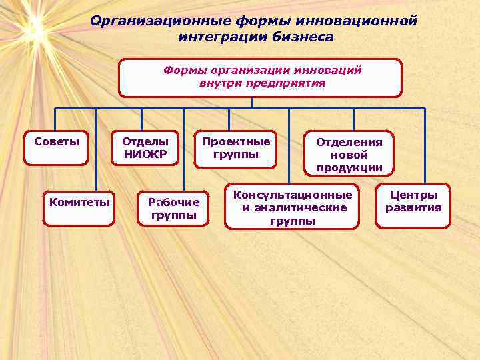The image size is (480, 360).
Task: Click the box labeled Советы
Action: tap(56, 147)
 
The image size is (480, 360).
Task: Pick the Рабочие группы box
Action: tap(173, 208)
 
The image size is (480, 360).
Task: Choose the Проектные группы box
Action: tap(236, 148)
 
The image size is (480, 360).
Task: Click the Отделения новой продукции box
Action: tap(349, 154)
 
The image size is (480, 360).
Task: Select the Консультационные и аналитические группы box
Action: tap(292, 207)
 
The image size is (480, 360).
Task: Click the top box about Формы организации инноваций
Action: tap(260, 77)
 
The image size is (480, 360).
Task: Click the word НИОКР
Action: tap(145, 155)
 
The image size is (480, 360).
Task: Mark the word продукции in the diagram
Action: tap(349, 167)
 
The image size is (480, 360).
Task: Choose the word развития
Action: tap(413, 207)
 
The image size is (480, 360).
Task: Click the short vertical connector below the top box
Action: tap(251, 103)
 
